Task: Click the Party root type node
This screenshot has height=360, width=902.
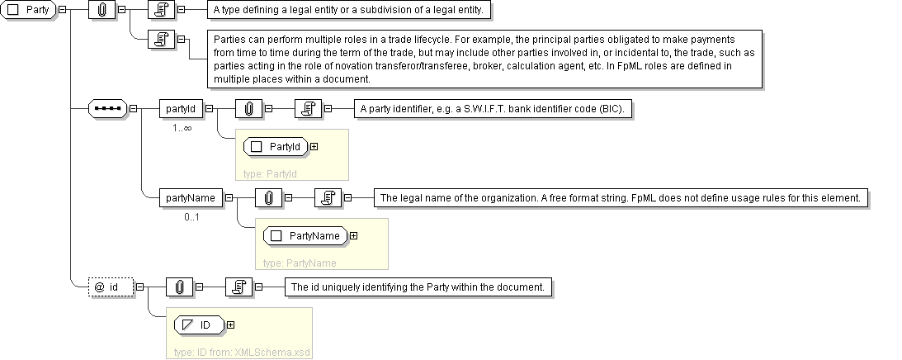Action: coord(28,11)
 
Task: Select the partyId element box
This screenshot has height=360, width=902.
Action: coord(181,108)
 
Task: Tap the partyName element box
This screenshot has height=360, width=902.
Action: coord(191,198)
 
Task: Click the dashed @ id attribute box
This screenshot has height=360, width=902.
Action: coord(111,287)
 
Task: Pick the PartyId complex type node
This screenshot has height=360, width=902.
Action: coord(276,147)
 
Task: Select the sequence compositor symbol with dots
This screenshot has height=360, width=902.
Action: coord(107,108)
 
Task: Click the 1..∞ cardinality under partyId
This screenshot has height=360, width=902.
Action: coord(182,128)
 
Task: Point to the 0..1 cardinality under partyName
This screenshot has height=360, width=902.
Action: coord(192,217)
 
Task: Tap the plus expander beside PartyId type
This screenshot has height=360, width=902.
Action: coord(314,147)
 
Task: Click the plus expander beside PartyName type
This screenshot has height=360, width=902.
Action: coord(354,235)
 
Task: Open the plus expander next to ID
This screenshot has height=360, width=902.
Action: coord(231,324)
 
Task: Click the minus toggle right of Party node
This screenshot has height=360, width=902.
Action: coord(62,10)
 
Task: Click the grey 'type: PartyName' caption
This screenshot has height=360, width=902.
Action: coord(300,263)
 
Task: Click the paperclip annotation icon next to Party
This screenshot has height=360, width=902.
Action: coord(102,10)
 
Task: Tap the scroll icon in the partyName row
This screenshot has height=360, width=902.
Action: coord(328,198)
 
